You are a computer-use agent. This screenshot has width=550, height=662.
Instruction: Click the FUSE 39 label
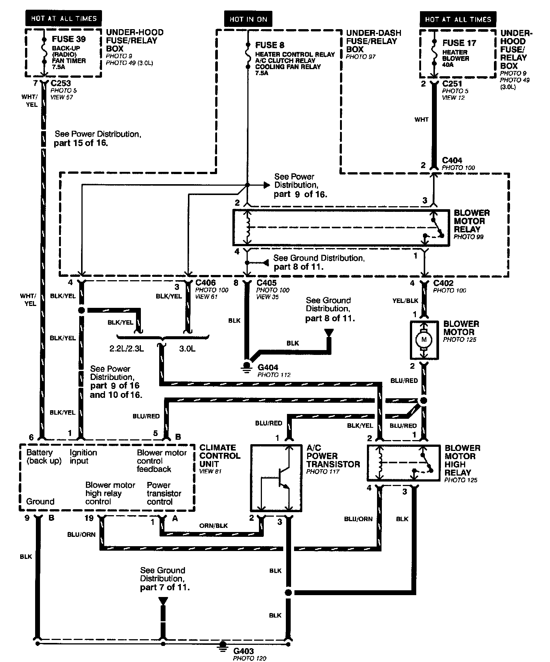pyautogui.click(x=68, y=39)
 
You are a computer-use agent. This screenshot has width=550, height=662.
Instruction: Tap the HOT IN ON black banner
pyautogui.click(x=248, y=19)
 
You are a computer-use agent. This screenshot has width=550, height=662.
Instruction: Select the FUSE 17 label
pyautogui.click(x=459, y=43)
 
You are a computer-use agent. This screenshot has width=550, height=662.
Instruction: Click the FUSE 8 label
pyautogui.click(x=270, y=45)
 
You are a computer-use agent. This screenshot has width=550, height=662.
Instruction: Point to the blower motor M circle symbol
pyautogui.click(x=424, y=340)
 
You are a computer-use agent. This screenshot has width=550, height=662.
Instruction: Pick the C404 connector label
pyautogui.click(x=452, y=161)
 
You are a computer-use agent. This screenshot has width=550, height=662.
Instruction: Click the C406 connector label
pyautogui.click(x=206, y=283)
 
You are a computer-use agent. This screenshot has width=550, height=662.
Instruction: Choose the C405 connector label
pyautogui.click(x=266, y=283)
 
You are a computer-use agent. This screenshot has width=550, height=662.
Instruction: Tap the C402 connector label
pyautogui.click(x=444, y=283)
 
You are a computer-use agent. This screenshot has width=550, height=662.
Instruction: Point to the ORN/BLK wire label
pyautogui.click(x=213, y=526)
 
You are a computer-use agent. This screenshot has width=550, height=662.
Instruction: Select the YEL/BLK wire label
pyautogui.click(x=405, y=300)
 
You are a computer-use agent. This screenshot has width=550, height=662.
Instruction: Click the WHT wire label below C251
pyautogui.click(x=421, y=120)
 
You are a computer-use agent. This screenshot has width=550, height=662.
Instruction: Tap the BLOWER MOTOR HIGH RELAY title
pyautogui.click(x=462, y=460)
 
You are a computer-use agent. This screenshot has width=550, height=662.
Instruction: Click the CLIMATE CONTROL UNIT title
pyautogui.click(x=220, y=456)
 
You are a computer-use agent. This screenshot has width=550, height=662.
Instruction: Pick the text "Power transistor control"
pyautogui.click(x=164, y=493)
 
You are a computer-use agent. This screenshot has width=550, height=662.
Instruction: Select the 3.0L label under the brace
pyautogui.click(x=187, y=348)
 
